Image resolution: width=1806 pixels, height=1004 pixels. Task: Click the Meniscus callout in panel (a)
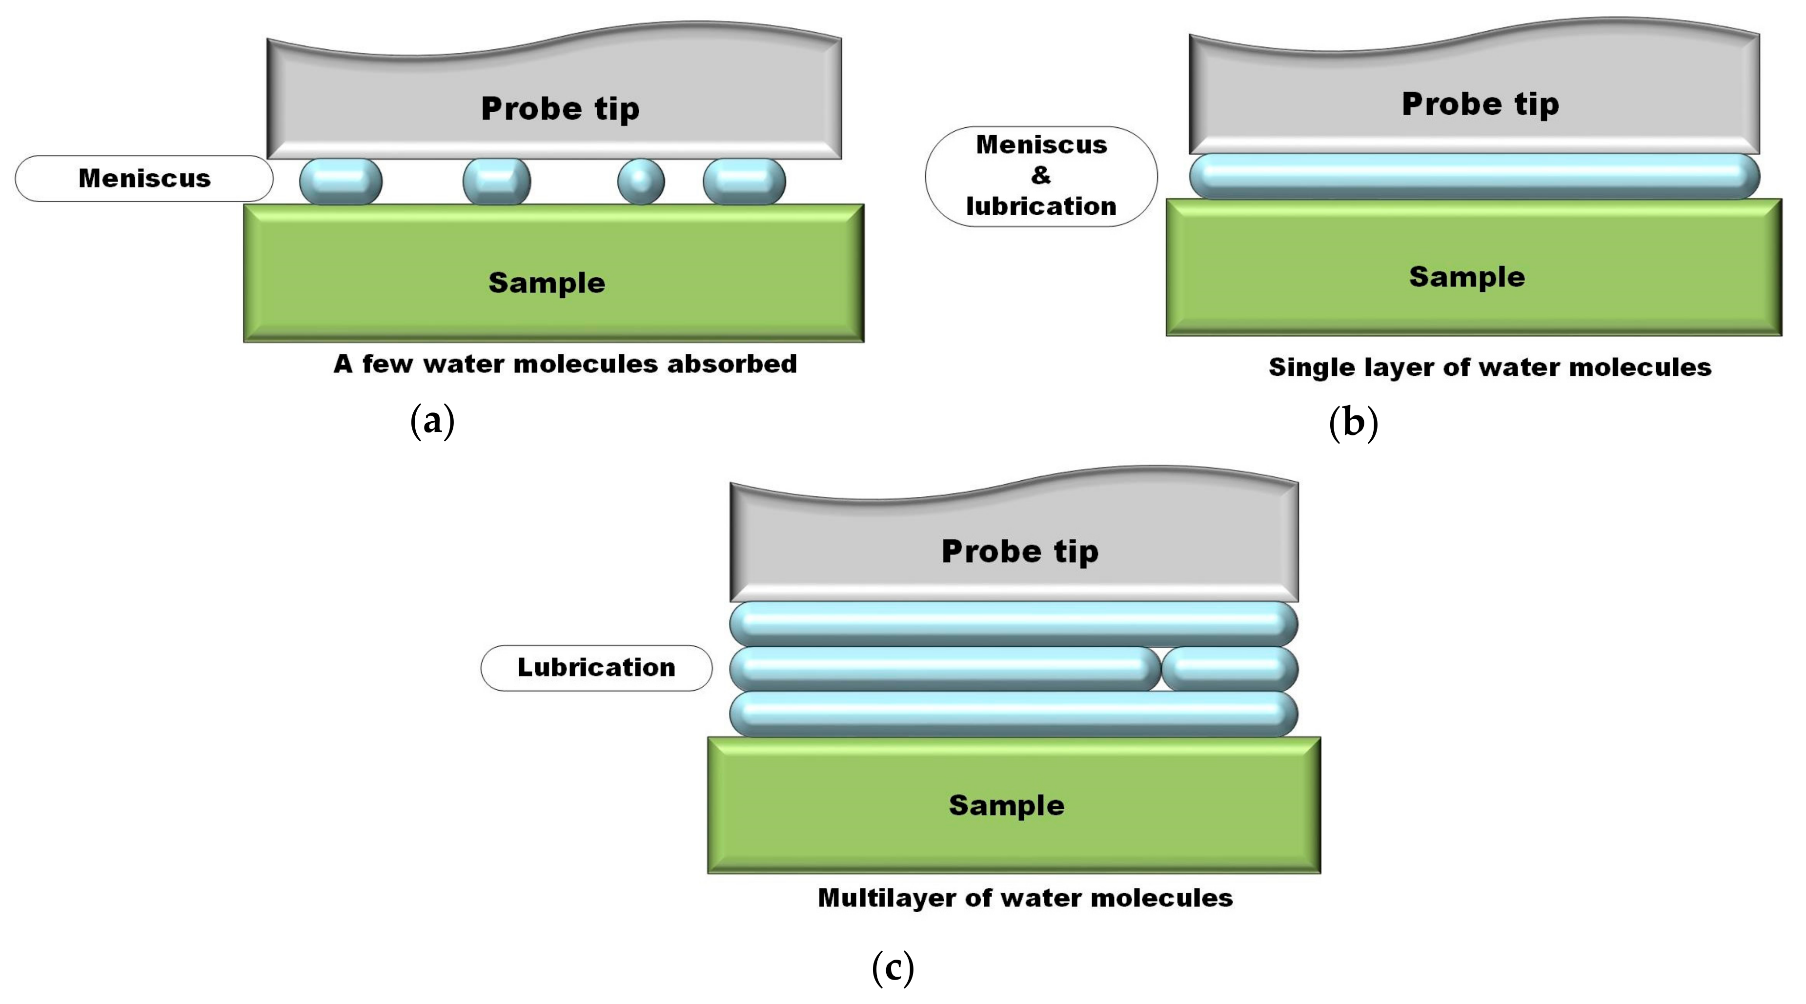point(144,179)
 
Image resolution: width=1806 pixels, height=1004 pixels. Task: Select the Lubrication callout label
point(596,668)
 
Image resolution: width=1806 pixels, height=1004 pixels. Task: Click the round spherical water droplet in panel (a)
point(640,182)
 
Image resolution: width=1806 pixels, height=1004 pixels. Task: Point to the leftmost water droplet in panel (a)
point(341,182)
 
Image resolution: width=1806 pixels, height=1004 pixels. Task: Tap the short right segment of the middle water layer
point(1230,668)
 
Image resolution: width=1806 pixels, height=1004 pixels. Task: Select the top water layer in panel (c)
point(1013,623)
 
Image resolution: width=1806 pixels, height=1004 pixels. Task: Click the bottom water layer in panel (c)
point(1013,714)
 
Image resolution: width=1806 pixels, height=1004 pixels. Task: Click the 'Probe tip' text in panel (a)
point(560,109)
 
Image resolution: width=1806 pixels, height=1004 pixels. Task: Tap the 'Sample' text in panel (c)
point(1006,805)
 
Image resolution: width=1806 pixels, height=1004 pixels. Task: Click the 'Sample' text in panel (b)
point(1467,277)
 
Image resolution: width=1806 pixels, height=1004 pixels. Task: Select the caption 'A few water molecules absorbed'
point(565,364)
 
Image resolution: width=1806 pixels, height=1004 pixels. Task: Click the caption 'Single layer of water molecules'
point(1490,368)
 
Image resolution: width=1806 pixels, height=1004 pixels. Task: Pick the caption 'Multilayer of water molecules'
point(1025,898)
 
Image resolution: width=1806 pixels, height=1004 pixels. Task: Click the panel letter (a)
point(432,421)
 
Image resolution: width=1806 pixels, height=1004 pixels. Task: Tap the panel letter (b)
point(1353,423)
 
